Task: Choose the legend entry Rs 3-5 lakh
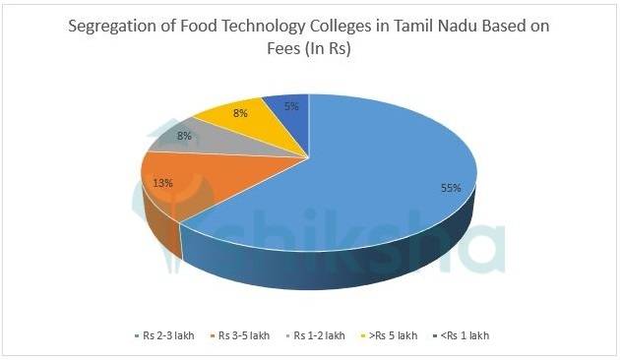[x=242, y=336]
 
